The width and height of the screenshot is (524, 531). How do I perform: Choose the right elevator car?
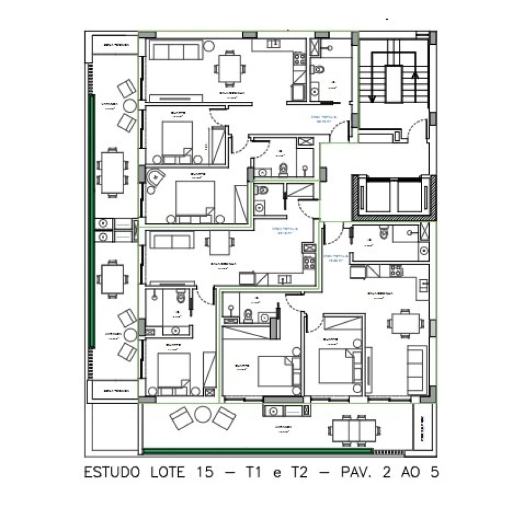tap(412, 197)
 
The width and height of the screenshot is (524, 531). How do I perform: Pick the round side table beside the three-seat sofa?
tap(209, 45)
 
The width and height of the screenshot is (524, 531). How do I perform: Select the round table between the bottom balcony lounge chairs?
tap(202, 415)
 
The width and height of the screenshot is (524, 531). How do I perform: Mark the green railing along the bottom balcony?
tap(256, 451)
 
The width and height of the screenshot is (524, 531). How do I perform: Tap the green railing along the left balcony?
tap(91, 221)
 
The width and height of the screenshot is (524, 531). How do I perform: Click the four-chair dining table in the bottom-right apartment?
tap(405, 323)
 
